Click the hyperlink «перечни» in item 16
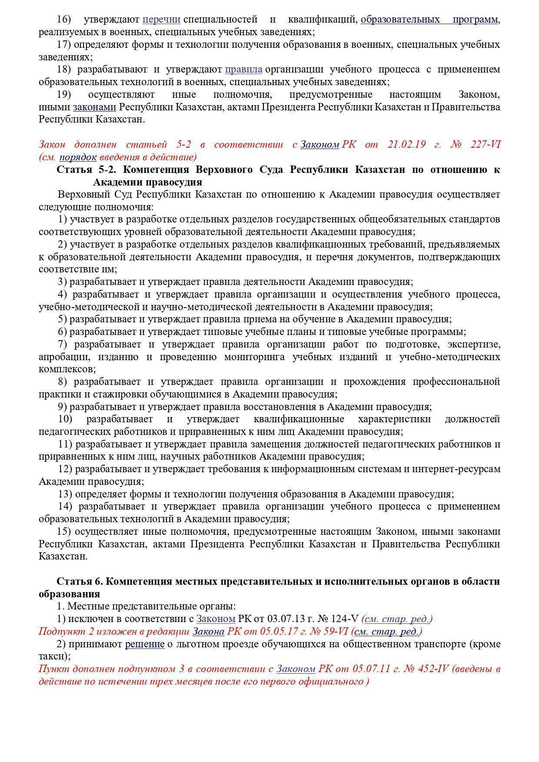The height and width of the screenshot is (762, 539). click(x=161, y=20)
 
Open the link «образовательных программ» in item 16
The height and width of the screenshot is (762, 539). click(x=429, y=20)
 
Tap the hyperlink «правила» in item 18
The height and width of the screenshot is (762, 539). click(x=243, y=70)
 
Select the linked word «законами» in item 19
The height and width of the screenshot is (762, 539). click(x=94, y=107)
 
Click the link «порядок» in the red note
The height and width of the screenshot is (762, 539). click(x=78, y=157)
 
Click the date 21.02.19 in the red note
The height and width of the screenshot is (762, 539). click(x=406, y=144)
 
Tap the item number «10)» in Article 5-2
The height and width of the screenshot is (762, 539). click(x=65, y=419)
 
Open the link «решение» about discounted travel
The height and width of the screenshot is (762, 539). click(x=145, y=644)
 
